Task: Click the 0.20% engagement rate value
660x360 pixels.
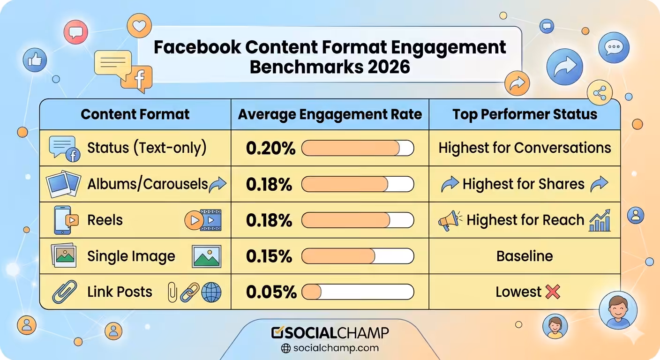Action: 270,148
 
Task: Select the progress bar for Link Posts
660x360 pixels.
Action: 358,292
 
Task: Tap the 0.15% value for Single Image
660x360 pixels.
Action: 269,256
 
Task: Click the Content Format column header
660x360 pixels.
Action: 135,114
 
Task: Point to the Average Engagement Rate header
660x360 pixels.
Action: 330,114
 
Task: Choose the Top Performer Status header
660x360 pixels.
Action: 525,114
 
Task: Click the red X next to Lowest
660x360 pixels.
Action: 553,292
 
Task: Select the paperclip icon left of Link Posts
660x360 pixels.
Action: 64,292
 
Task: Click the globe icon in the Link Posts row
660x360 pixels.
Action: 211,292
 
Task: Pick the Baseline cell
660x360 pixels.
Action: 525,256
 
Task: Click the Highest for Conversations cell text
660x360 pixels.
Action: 525,148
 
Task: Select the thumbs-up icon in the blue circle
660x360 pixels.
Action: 35,60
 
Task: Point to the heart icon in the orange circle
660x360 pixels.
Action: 139,26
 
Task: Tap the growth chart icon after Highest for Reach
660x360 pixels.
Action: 600,220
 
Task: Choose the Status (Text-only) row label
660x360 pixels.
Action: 147,148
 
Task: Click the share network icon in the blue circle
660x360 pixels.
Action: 600,93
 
